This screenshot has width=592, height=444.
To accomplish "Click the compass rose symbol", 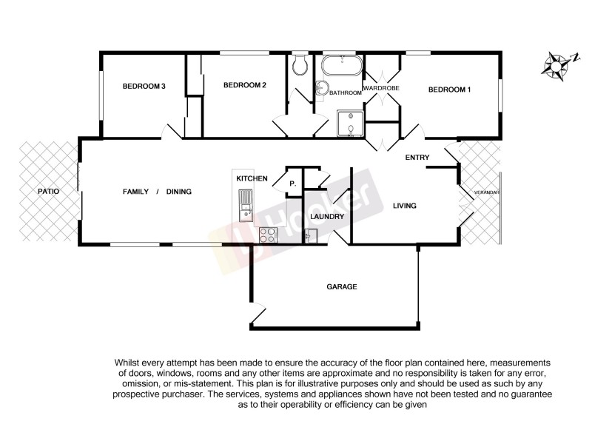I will pyautogui.click(x=555, y=64).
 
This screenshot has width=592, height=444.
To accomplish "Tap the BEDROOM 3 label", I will pyautogui.click(x=144, y=87).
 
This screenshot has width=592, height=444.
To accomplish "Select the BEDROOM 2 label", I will pyautogui.click(x=244, y=85).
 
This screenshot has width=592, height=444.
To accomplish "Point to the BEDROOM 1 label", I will pyautogui.click(x=449, y=90).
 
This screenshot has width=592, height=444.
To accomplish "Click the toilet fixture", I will pyautogui.click(x=300, y=67).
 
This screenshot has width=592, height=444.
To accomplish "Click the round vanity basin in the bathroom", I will pyautogui.click(x=322, y=89).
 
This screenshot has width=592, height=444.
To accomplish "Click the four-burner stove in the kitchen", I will pyautogui.click(x=268, y=235).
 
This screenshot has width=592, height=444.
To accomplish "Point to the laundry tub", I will pyautogui.click(x=312, y=235).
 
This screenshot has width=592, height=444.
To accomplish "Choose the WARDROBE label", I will pyautogui.click(x=381, y=88).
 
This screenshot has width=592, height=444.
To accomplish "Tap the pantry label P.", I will pyautogui.click(x=293, y=183).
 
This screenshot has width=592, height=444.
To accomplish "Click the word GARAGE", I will pyautogui.click(x=342, y=286).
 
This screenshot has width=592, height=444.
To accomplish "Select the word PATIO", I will pyautogui.click(x=49, y=192).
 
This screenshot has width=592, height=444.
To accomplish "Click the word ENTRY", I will pyautogui.click(x=417, y=158).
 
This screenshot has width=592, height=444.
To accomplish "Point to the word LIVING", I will pyautogui.click(x=404, y=206).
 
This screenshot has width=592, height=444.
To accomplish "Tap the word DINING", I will pyautogui.click(x=179, y=192).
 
